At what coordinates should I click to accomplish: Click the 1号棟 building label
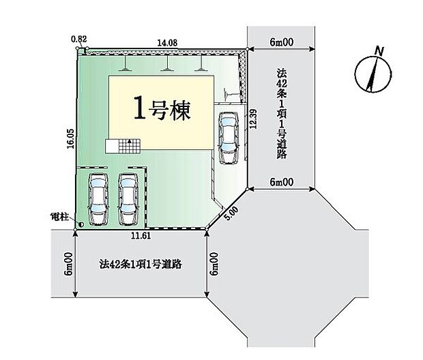click(162, 110)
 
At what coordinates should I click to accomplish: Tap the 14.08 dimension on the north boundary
click(167, 42)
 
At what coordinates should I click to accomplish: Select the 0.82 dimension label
click(79, 39)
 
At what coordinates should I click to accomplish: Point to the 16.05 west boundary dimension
click(70, 138)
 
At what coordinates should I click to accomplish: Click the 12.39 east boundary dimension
click(253, 119)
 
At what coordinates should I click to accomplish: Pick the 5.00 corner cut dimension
click(231, 213)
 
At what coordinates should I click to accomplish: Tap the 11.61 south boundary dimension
click(141, 236)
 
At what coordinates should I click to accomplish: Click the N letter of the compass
click(380, 51)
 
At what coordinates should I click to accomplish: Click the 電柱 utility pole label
click(59, 217)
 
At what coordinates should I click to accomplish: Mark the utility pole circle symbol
click(81, 224)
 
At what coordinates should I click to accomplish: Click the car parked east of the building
click(229, 138)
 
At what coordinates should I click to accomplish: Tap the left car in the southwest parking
click(98, 198)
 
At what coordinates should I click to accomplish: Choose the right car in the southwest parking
click(128, 198)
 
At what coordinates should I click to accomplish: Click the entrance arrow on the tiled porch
click(130, 140)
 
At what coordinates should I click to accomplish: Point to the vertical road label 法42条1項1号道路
click(281, 114)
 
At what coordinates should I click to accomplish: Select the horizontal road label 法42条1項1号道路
click(141, 265)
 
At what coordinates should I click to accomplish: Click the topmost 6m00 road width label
click(281, 42)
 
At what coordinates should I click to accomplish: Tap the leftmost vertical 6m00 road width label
click(68, 264)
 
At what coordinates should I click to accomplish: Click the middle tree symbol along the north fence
click(167, 63)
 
